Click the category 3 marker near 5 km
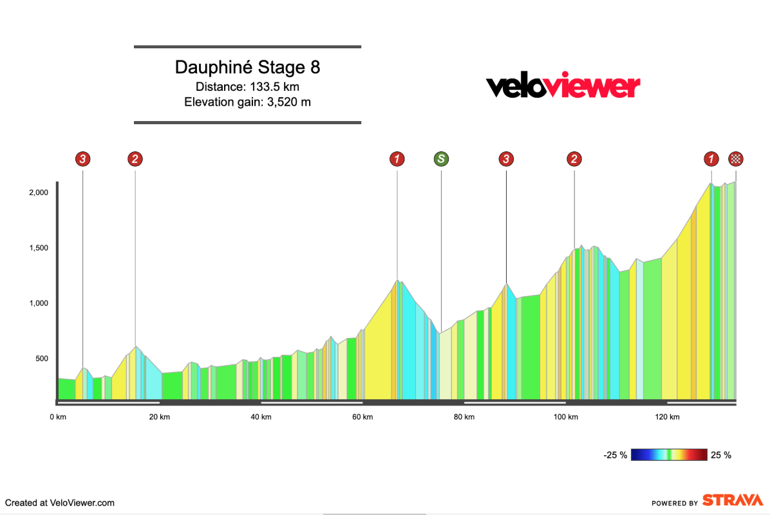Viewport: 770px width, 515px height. [82, 158]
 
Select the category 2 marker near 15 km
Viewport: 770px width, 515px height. [135, 158]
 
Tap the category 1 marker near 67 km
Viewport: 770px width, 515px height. [397, 158]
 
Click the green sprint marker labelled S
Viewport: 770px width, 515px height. [441, 158]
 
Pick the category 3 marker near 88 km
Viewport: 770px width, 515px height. [507, 158]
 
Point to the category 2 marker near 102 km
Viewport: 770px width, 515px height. [574, 158]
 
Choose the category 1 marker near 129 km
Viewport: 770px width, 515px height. [711, 158]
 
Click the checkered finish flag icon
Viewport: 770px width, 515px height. [736, 158]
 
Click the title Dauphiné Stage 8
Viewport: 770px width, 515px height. [247, 68]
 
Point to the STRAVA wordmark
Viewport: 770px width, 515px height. [732, 500]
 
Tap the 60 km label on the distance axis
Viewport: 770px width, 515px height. [362, 417]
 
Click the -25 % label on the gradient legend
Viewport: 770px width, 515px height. [615, 455]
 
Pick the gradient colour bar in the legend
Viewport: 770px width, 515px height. [670, 455]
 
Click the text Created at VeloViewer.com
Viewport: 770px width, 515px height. [60, 503]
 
